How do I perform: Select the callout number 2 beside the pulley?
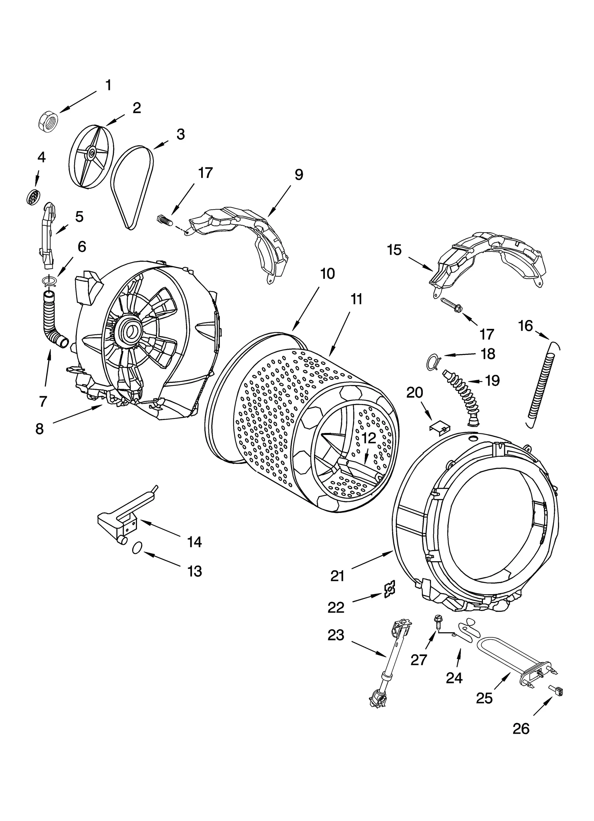[x=137, y=108]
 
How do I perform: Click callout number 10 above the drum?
[x=327, y=273]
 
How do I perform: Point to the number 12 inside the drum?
[x=369, y=439]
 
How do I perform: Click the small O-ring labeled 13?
[x=137, y=547]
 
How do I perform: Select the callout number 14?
[x=195, y=542]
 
